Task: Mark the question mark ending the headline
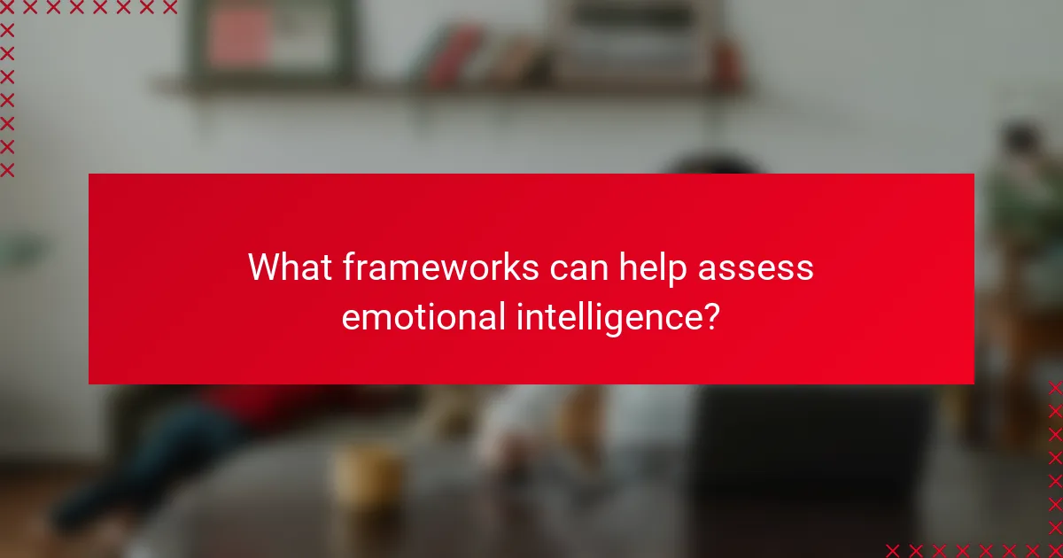(710, 315)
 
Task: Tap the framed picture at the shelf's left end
(271, 41)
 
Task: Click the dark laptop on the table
(811, 461)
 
